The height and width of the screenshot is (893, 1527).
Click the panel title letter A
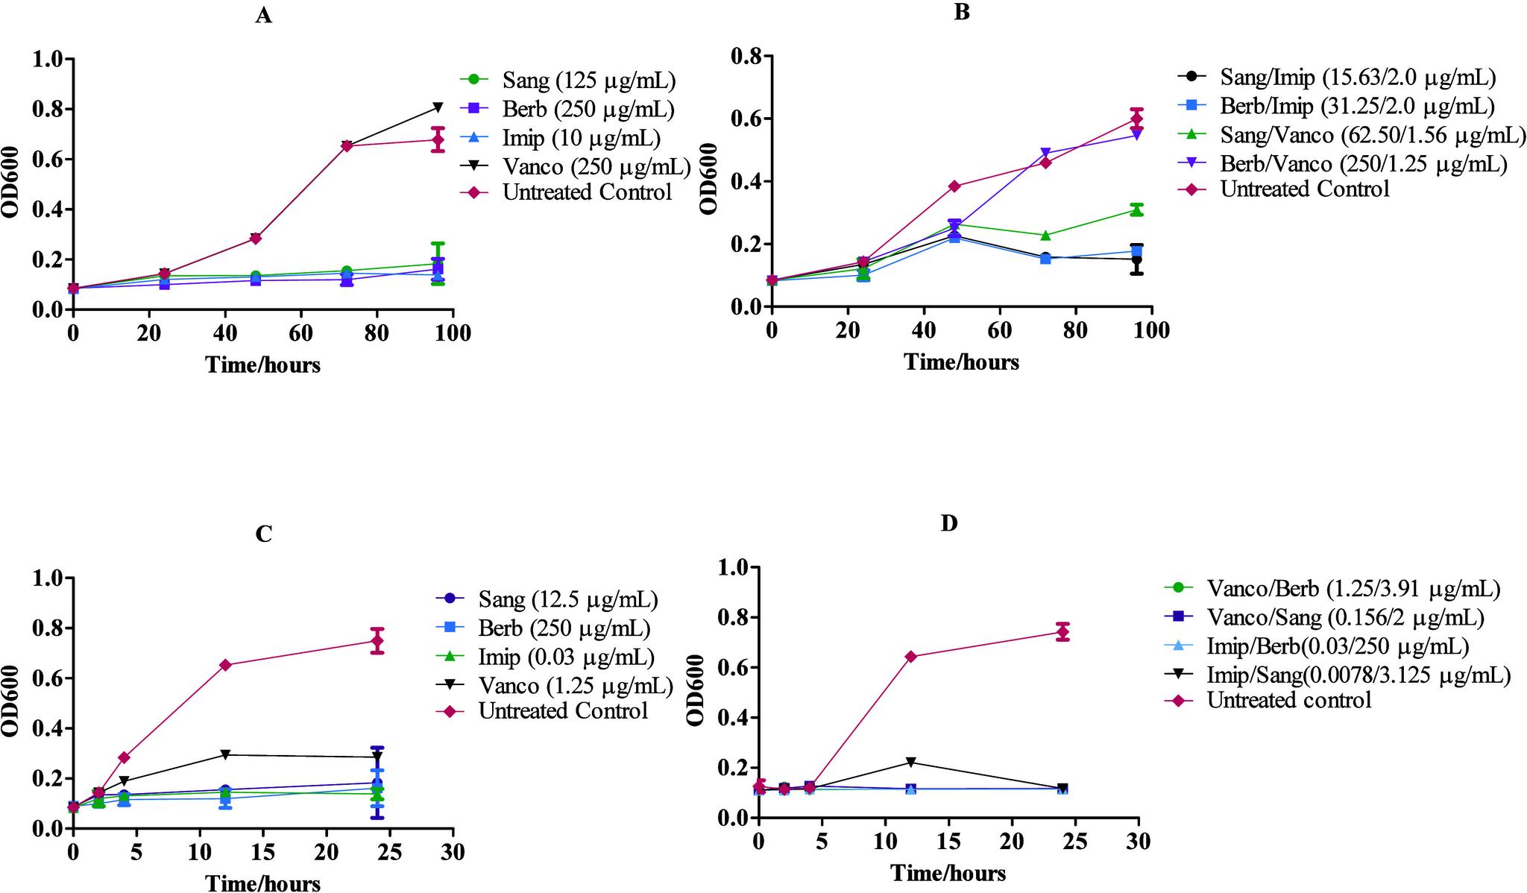[263, 16]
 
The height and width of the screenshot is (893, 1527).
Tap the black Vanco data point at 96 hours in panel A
[438, 107]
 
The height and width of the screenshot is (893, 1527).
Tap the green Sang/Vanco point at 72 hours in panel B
[1045, 236]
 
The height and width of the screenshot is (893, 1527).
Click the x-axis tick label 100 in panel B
[1151, 330]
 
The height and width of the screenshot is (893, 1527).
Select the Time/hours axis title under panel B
[961, 362]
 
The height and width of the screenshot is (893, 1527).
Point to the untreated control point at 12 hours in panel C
[225, 665]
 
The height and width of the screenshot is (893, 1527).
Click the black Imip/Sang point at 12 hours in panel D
[910, 762]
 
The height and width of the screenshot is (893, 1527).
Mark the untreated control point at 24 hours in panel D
[1062, 632]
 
